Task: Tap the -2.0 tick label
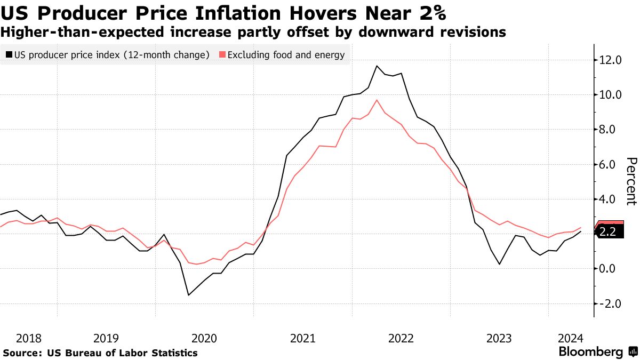(x=610, y=303)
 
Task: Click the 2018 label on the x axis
(x=29, y=338)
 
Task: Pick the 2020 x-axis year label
(x=204, y=338)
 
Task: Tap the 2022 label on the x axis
(x=401, y=338)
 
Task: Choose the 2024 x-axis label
(x=571, y=338)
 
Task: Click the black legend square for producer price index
(x=9, y=54)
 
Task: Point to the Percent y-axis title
(x=631, y=181)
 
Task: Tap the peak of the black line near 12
(x=377, y=66)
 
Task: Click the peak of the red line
(x=377, y=100)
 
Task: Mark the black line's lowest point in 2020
(x=188, y=295)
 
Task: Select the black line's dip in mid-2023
(x=500, y=264)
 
